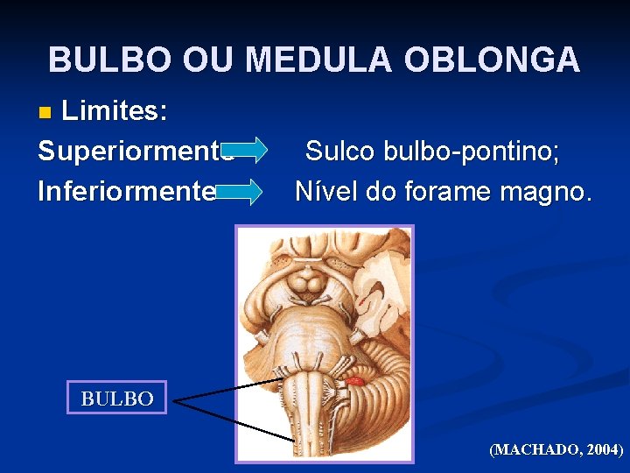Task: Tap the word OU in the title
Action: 206,60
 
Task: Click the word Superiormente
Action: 131,151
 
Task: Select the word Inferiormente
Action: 126,190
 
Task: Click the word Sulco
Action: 340,151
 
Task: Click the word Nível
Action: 327,190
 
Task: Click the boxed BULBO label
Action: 117,399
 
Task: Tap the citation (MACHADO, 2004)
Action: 556,450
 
